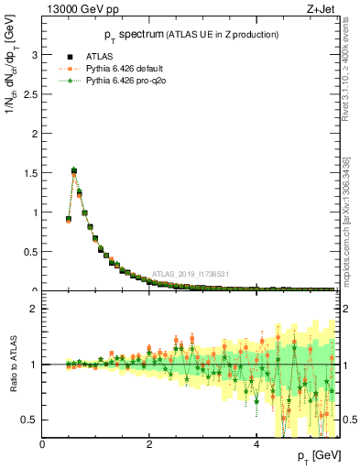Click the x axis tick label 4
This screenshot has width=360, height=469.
pos(256,445)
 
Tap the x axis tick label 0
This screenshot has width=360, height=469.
pos(43,445)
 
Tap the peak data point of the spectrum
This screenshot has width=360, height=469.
pos(74,170)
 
